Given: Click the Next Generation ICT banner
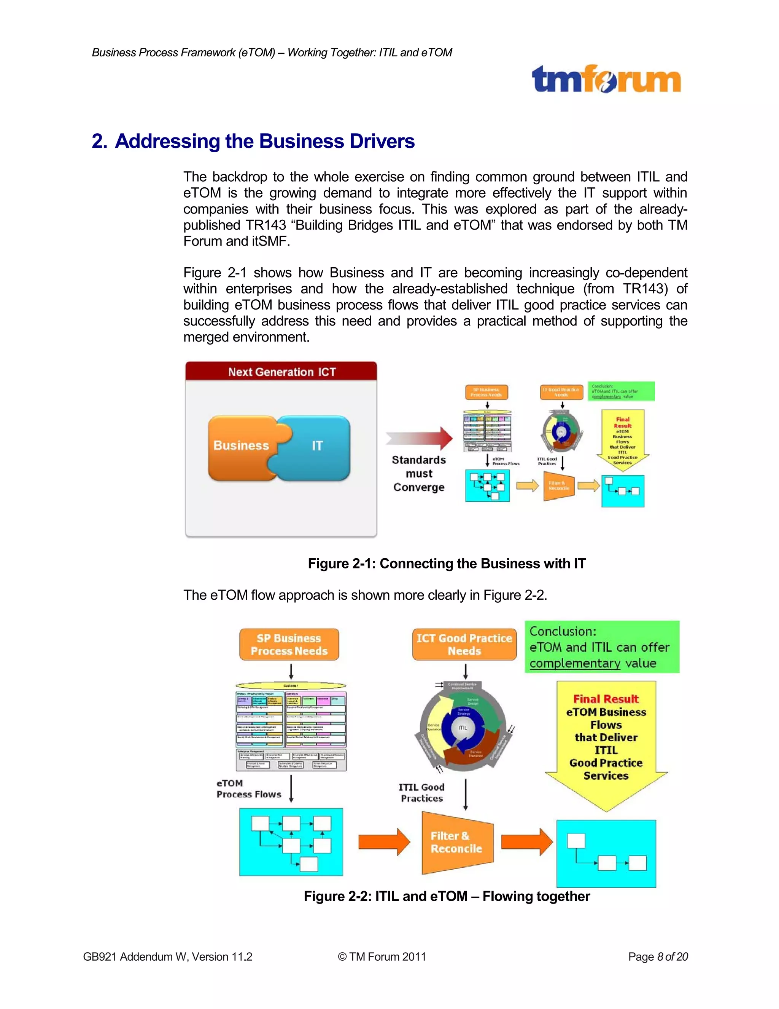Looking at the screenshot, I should tap(281, 372).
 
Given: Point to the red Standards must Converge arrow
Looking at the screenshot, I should tap(420, 438).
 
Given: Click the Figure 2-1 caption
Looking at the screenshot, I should tap(446, 564).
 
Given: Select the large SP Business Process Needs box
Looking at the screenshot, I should tap(289, 645).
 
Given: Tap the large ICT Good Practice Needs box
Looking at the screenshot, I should tap(464, 645).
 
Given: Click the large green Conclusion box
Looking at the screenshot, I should tap(602, 647).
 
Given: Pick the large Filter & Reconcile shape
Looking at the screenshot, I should tap(456, 842).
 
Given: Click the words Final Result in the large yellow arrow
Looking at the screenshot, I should tap(606, 699).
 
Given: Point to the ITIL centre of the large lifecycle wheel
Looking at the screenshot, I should tap(463, 728).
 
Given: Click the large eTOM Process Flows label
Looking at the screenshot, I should tap(248, 789).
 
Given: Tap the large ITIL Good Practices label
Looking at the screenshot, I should tap(421, 793).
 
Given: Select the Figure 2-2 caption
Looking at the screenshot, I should tap(446, 896).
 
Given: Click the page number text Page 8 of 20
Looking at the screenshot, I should tap(658, 956).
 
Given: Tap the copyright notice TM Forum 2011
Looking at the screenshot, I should tap(382, 956).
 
